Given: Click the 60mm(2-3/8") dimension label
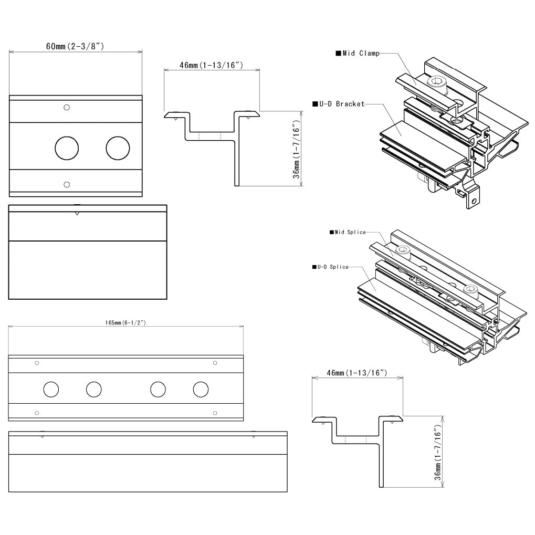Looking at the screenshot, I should click(x=75, y=46).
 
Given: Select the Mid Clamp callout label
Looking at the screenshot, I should click(x=358, y=53).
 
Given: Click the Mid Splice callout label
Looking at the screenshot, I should click(x=348, y=232).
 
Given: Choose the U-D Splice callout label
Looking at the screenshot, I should click(x=330, y=267).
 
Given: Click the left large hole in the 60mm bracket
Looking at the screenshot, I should click(x=67, y=148).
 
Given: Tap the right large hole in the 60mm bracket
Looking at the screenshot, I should click(x=118, y=148).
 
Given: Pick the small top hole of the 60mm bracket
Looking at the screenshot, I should click(x=67, y=108).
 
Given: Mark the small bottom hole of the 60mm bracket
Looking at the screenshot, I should click(x=67, y=184).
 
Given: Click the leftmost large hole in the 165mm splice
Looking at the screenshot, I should click(x=51, y=390).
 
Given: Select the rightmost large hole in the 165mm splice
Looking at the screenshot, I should click(x=200, y=390).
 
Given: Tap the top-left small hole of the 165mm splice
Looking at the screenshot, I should click(x=37, y=363).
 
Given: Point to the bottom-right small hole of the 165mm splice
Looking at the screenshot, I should click(x=215, y=413).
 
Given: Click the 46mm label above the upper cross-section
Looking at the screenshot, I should click(x=211, y=65).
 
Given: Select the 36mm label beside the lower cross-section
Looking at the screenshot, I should click(x=437, y=454).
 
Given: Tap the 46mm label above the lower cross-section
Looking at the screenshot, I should click(x=357, y=373).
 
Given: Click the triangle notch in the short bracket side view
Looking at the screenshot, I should click(x=77, y=213).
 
